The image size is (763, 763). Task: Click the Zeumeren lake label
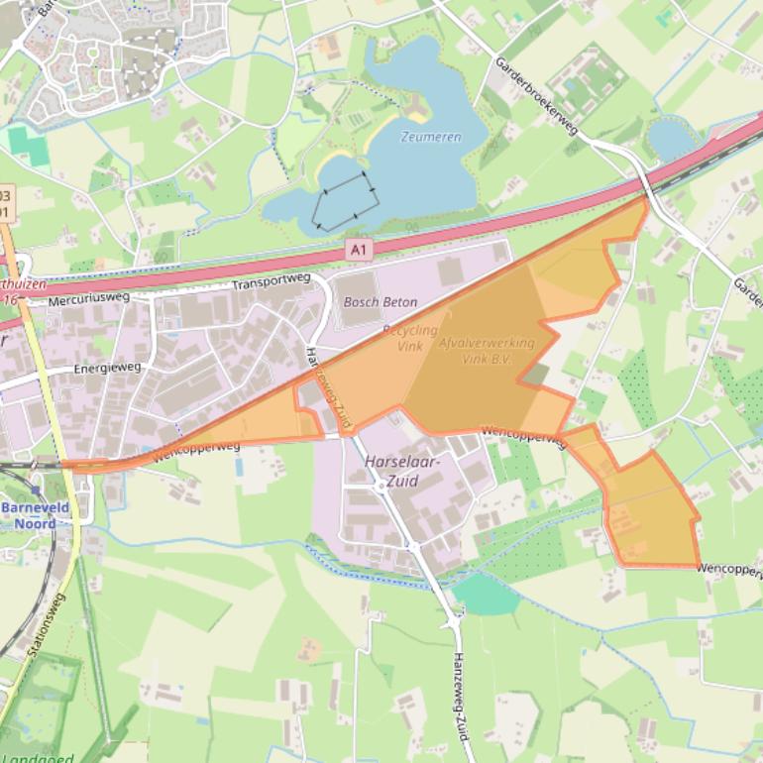coord(431,137)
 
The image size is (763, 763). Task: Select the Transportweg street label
coord(272,282)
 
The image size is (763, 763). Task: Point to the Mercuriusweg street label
coord(89,296)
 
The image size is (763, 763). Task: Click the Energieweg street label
coord(107,369)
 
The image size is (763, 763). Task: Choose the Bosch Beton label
coord(380,302)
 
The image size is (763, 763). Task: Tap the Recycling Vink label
coord(409,337)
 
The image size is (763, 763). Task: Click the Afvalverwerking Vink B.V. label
coord(486,350)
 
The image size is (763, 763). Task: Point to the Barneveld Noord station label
coord(34,515)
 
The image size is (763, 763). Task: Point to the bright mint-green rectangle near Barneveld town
coord(30,146)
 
